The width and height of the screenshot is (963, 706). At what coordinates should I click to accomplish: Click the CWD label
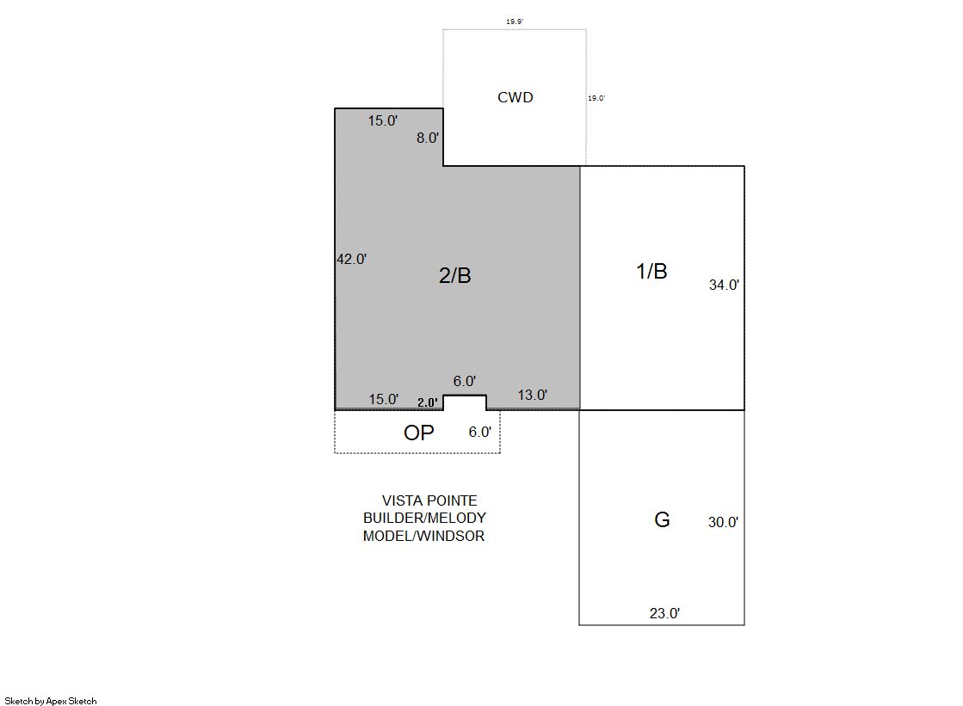(515, 97)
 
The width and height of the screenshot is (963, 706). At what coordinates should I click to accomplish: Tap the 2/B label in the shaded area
(455, 276)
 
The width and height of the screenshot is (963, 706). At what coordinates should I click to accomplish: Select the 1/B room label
(651, 271)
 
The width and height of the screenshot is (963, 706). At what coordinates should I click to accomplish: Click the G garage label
(662, 520)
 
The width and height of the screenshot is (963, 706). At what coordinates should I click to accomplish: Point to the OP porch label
(419, 433)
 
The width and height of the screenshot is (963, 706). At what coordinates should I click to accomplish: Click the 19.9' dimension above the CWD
(515, 21)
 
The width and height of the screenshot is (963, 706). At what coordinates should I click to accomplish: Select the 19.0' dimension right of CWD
(596, 98)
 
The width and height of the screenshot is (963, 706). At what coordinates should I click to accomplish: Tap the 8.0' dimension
(428, 138)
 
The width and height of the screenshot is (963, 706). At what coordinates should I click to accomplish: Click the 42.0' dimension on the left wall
(352, 259)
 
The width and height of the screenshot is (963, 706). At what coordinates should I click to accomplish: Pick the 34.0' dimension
(724, 285)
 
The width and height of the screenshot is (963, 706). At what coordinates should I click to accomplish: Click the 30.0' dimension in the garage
(724, 523)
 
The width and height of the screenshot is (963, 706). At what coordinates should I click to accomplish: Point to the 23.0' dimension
(665, 613)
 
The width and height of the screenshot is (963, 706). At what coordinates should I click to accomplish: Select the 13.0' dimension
(533, 395)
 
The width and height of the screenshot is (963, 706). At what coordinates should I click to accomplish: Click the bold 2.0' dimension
(428, 402)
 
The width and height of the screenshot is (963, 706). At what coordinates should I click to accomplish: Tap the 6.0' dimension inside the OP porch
(480, 433)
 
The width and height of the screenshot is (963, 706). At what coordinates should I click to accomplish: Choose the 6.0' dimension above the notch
(465, 381)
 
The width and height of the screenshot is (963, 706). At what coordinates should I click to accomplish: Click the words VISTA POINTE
(429, 501)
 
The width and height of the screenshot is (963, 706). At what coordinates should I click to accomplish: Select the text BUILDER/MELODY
(424, 519)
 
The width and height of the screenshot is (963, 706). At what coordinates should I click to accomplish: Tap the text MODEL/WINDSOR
(423, 536)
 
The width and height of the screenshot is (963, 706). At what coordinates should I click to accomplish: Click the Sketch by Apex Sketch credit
(51, 701)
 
